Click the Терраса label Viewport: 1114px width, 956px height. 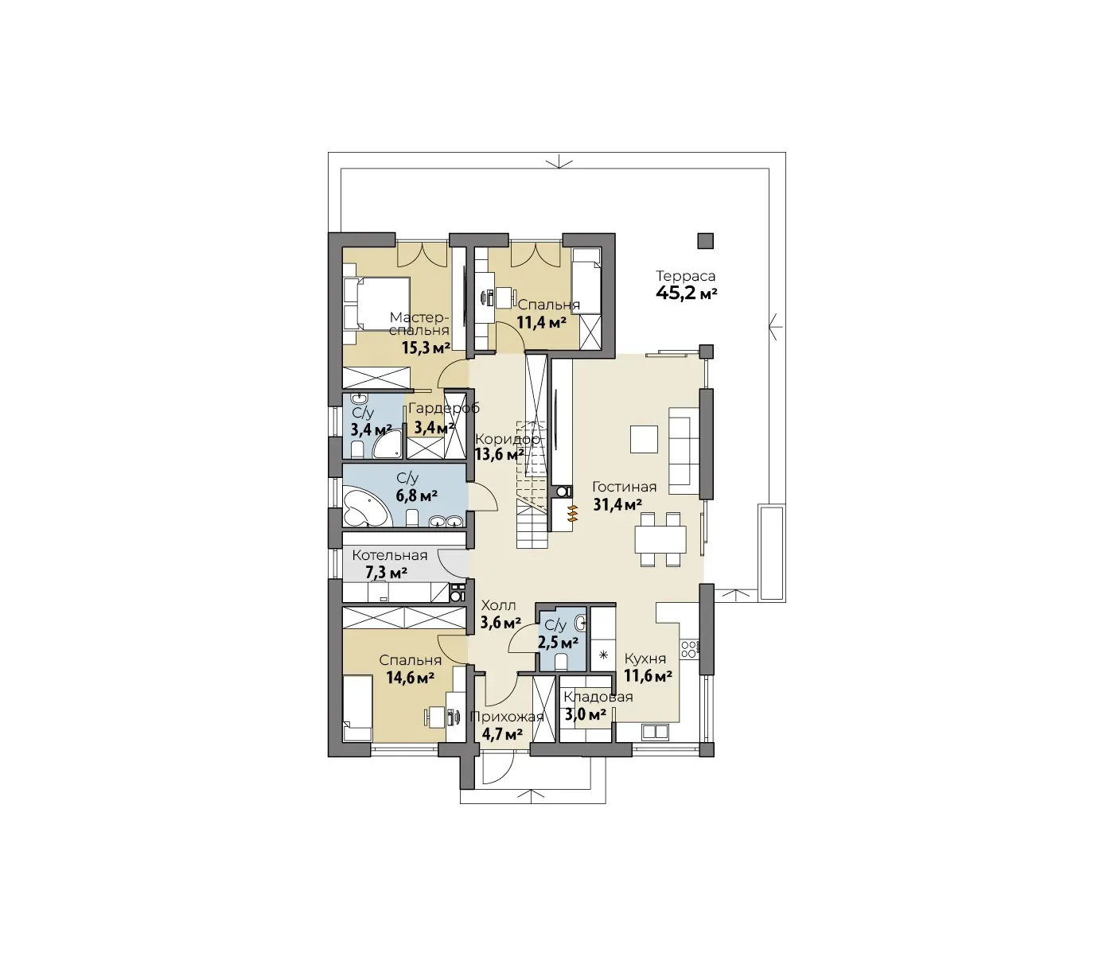(x=686, y=276)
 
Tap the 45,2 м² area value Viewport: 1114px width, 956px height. (x=686, y=293)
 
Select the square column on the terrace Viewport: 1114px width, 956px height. (x=706, y=241)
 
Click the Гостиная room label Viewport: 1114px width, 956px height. (x=624, y=487)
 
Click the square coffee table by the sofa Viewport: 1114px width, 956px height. (x=644, y=439)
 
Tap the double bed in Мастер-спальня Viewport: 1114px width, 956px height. (x=376, y=303)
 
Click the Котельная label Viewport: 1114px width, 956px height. (x=390, y=555)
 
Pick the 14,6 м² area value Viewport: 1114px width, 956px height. (x=411, y=678)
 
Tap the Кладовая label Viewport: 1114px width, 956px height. (x=598, y=697)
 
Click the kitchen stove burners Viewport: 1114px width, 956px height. (x=689, y=649)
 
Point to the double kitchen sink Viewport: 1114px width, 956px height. (x=656, y=732)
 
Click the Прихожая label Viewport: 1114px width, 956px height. (x=507, y=717)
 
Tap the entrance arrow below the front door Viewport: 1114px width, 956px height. (x=532, y=796)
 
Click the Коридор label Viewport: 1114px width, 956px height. (x=507, y=439)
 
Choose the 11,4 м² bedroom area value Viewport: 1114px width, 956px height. (x=542, y=323)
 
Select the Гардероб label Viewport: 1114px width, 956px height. (x=444, y=408)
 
